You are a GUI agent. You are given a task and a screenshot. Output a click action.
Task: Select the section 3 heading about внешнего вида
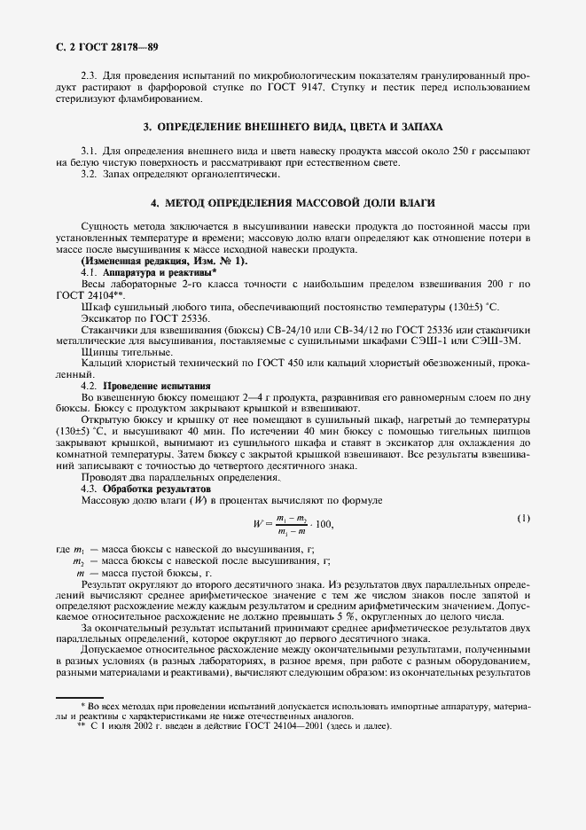click(x=293, y=127)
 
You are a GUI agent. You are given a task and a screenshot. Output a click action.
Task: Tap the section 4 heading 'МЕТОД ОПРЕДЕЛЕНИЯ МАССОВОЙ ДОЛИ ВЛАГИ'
click(x=293, y=203)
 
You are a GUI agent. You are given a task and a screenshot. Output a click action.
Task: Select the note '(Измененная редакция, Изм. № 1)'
click(x=165, y=262)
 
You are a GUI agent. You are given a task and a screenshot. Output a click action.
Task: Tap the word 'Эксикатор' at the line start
click(x=105, y=317)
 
